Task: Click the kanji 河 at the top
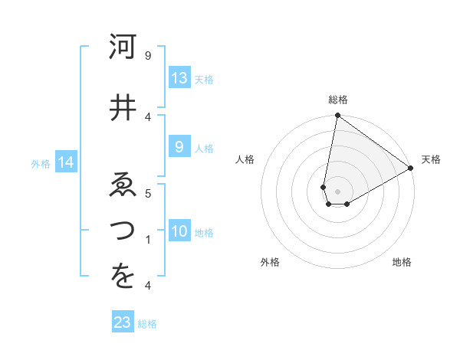[123, 49]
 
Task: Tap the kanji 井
[123, 106]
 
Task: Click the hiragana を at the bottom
[123, 278]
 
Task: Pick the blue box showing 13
[179, 78]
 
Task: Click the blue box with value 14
[66, 162]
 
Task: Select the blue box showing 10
[179, 232]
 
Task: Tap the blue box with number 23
[123, 322]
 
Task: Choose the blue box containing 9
[179, 148]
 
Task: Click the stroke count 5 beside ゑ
[148, 194]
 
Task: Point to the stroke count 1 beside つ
[148, 240]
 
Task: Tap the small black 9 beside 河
[148, 56]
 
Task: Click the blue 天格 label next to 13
[204, 79]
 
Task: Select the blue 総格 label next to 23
[148, 324]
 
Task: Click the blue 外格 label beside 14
[41, 163]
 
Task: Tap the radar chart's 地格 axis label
[402, 262]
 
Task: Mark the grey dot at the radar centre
[337, 190]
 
